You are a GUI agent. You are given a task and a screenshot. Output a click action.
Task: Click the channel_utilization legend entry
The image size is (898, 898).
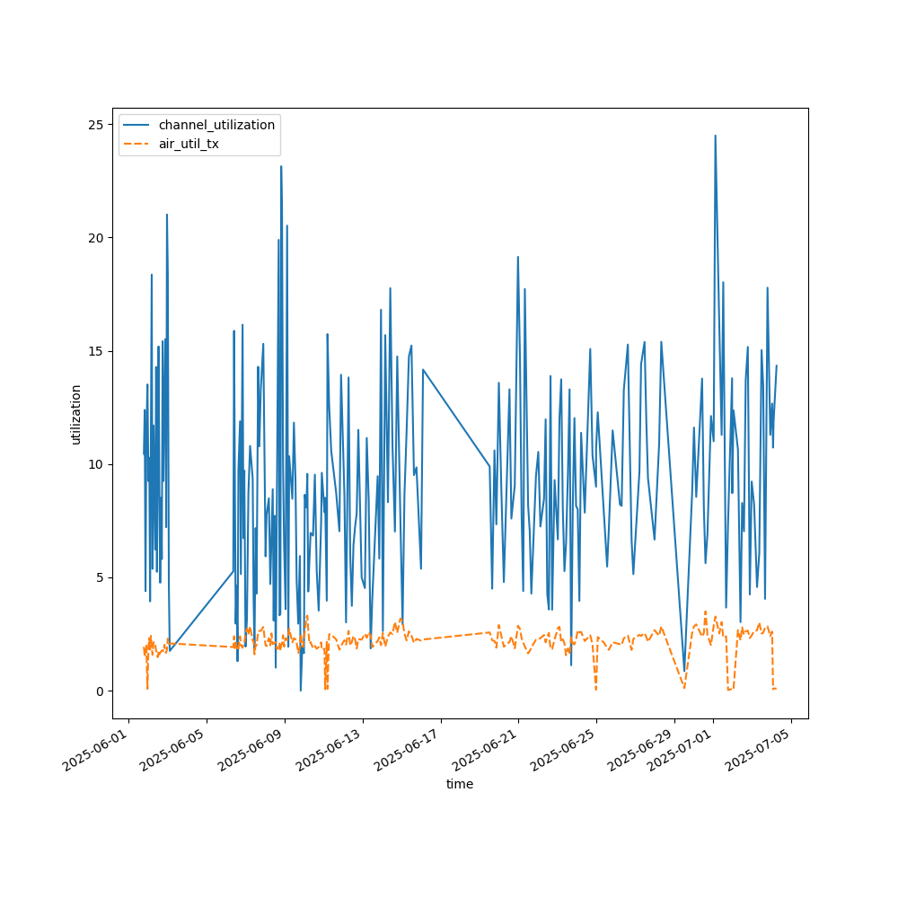216,125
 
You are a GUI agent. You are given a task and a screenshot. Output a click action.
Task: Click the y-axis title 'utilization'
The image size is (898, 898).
75,414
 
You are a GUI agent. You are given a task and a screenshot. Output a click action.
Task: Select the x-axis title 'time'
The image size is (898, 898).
460,784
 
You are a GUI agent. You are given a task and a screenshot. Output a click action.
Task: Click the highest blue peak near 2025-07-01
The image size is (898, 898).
715,136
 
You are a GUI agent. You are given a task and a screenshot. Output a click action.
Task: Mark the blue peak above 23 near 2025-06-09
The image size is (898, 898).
281,166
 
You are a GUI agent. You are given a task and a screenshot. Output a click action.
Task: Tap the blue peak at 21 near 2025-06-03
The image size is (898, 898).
166,215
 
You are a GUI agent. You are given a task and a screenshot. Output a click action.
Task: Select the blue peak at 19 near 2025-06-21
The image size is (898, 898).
518,257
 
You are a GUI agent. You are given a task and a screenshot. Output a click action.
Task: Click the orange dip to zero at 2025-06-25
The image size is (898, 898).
595,689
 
